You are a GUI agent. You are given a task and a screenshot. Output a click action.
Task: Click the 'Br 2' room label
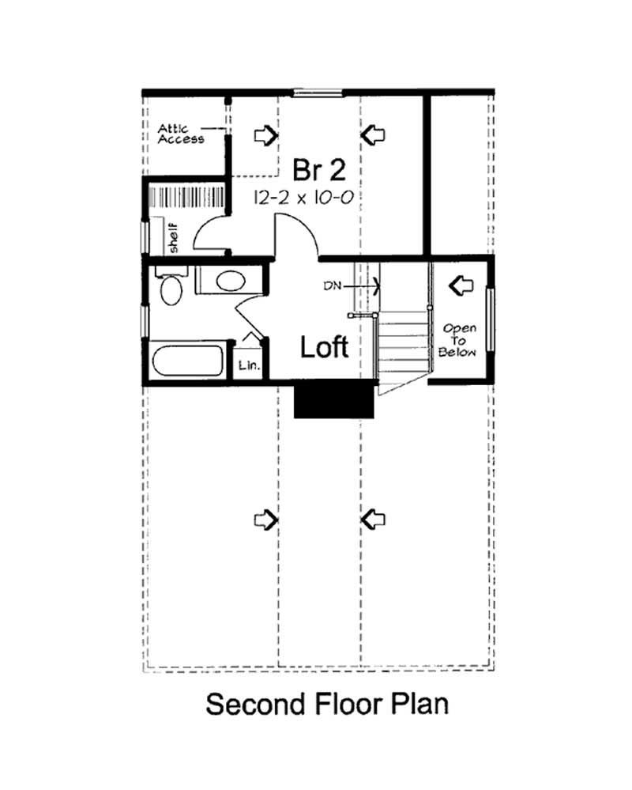pyautogui.click(x=318, y=169)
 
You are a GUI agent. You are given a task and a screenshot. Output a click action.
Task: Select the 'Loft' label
pyautogui.click(x=324, y=346)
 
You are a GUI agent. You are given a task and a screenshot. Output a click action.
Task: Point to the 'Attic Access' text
pyautogui.click(x=181, y=133)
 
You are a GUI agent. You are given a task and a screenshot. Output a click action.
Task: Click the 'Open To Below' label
pyautogui.click(x=460, y=340)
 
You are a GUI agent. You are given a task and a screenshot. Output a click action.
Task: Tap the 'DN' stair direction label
pyautogui.click(x=332, y=286)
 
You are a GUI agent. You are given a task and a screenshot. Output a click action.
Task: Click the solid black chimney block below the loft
pyautogui.click(x=333, y=401)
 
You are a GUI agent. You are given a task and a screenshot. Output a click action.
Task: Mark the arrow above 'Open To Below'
pyautogui.click(x=459, y=283)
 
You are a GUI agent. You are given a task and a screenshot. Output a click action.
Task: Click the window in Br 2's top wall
pyautogui.click(x=319, y=93)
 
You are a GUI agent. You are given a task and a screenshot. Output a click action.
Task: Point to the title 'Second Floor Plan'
pyautogui.click(x=327, y=704)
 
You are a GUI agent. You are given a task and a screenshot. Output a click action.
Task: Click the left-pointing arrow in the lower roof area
pyautogui.click(x=373, y=519)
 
